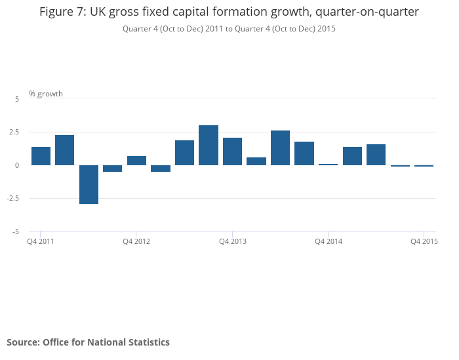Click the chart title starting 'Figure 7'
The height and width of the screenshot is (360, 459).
pos(229,12)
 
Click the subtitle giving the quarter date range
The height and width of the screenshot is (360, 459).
pos(229,29)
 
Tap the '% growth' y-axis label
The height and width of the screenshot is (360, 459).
pos(46,94)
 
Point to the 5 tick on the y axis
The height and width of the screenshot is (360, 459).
pos(17,98)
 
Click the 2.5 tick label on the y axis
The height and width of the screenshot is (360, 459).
pos(14,132)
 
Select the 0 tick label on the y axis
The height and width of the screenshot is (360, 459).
pos(17,165)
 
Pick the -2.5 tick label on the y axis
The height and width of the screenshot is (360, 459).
pos(14,198)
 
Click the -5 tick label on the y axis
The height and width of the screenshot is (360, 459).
pos(16,231)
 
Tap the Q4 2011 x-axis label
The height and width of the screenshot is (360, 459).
pos(41,242)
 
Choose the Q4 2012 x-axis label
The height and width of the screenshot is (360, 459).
pos(136,242)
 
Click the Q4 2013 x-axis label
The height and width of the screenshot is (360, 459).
pos(233,242)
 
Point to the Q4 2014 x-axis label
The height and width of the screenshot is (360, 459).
pos(329,242)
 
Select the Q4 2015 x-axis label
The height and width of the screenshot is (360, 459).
pos(424,242)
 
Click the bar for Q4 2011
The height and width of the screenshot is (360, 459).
pos(41,156)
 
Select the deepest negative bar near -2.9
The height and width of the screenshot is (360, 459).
pos(89,184)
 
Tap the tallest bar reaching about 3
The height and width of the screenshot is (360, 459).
pos(209,145)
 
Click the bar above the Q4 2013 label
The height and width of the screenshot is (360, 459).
pos(233,151)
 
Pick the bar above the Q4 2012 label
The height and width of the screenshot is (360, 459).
pos(136,161)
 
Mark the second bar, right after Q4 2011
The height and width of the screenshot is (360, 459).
pos(65,150)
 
